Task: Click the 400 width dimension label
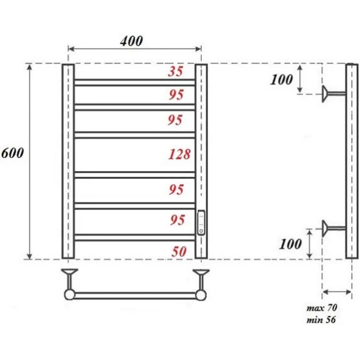tap(131, 41)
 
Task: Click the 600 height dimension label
tap(13, 153)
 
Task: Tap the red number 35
tap(176, 71)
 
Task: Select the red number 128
tap(179, 154)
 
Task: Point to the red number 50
tap(179, 252)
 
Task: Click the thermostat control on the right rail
tap(201, 222)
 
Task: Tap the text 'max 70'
tap(322, 307)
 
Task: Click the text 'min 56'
tap(321, 320)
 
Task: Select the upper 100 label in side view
tap(281, 80)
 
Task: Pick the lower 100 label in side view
tap(290, 244)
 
